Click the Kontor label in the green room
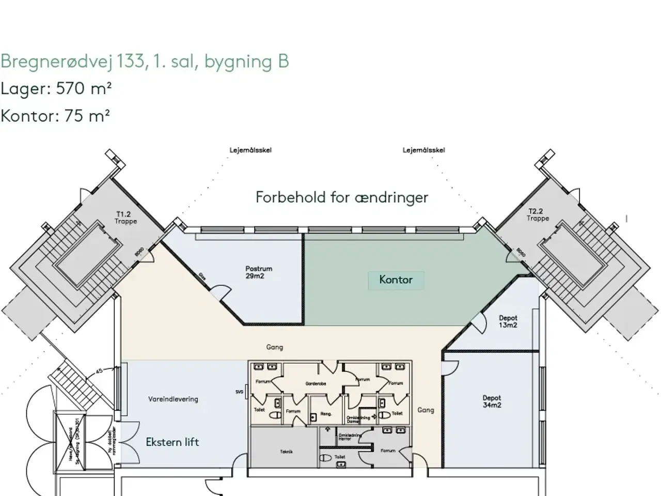click(396, 280)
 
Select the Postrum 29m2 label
click(259, 272)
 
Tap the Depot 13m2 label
click(508, 321)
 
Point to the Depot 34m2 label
click(492, 401)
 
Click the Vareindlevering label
click(173, 399)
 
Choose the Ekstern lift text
click(172, 442)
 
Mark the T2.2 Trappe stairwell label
click(538, 215)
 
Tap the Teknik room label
click(287, 452)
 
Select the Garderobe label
click(316, 383)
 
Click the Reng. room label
click(326, 414)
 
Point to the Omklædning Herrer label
click(345, 437)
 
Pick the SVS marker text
click(239, 392)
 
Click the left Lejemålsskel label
click(250, 150)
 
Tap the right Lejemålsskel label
click(423, 150)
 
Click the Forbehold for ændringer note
click(342, 197)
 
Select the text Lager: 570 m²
click(56, 88)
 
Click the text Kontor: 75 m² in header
click(55, 116)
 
